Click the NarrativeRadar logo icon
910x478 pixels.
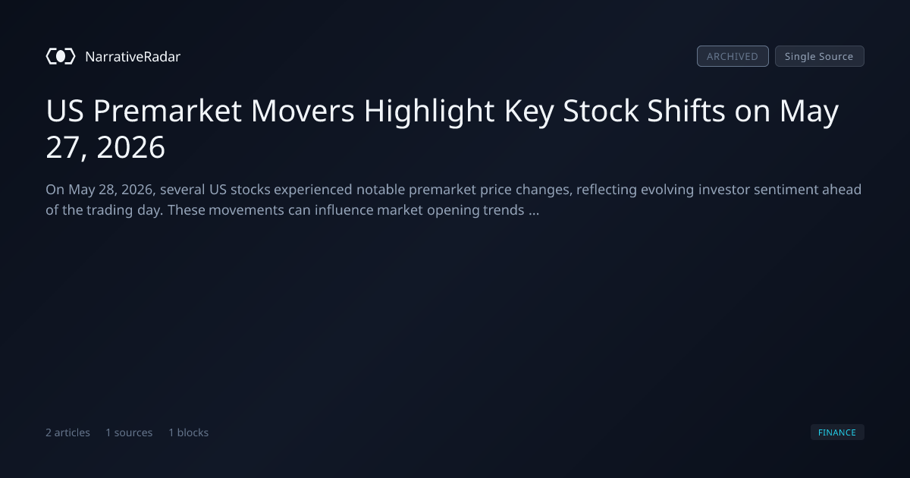point(61,56)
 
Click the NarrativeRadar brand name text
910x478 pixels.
point(133,56)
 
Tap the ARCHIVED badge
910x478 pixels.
point(733,56)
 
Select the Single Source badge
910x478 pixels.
point(820,56)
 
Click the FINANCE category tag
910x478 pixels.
point(837,432)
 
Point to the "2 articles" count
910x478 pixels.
point(67,432)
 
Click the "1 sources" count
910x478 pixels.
point(129,432)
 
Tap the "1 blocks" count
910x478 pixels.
point(189,432)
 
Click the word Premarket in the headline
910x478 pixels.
point(168,111)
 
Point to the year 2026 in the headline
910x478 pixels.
point(130,147)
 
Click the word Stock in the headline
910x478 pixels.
point(601,111)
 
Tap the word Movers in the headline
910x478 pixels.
point(303,111)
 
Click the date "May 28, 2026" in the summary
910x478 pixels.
point(110,190)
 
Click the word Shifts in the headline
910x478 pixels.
point(686,111)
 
